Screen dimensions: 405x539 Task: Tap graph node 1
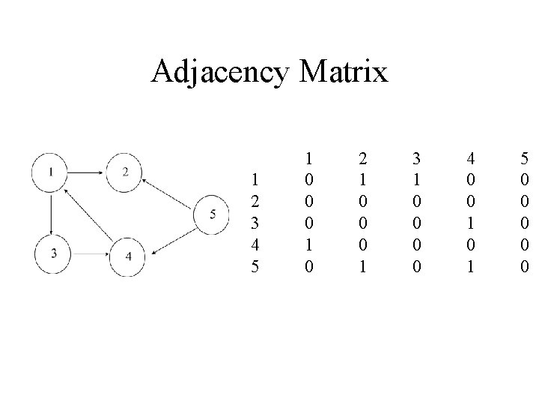[x=50, y=172]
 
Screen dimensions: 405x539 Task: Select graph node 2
[x=125, y=172]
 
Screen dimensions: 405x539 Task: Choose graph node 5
[x=212, y=214]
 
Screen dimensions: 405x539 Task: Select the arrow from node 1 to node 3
[x=50, y=212]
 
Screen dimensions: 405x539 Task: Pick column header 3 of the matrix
[x=415, y=159]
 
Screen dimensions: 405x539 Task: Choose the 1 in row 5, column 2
[x=362, y=265]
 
